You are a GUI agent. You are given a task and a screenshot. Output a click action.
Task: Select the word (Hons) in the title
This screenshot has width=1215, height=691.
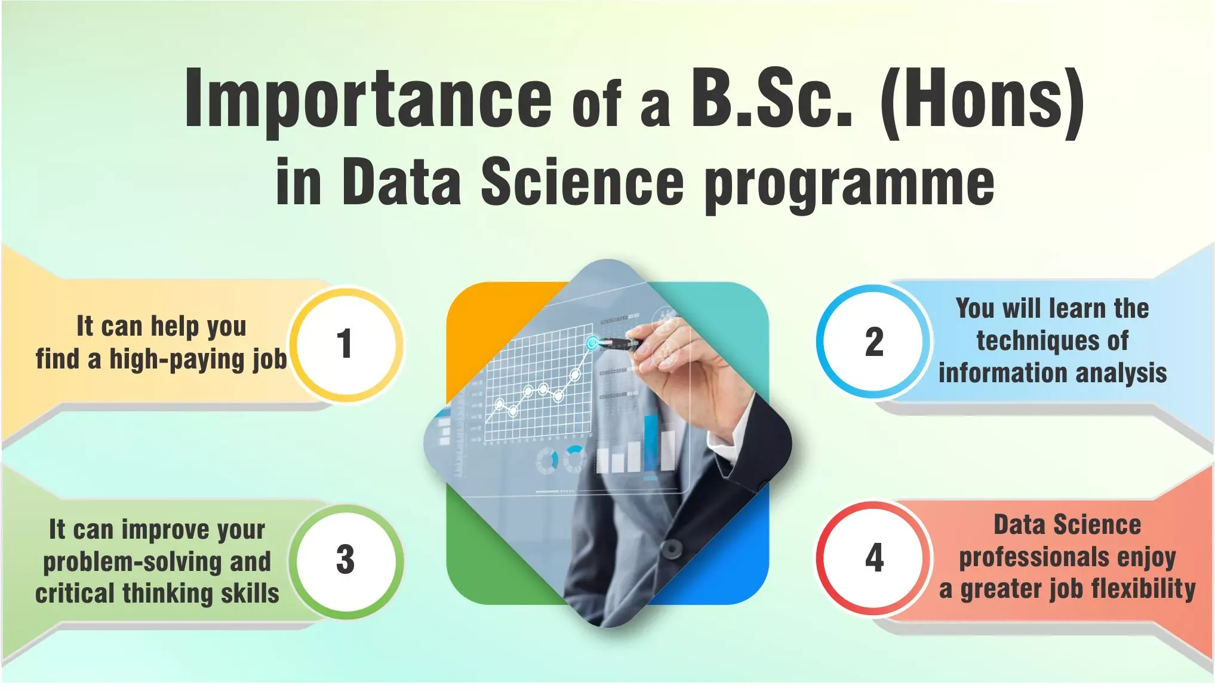pyautogui.click(x=982, y=102)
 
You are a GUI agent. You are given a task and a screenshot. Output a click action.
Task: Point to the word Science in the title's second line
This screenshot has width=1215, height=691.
pyautogui.click(x=582, y=180)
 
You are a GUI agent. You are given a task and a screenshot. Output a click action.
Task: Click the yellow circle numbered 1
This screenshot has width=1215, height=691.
pyautogui.click(x=346, y=345)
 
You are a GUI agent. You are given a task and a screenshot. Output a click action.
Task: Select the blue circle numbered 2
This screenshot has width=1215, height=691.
pyautogui.click(x=873, y=342)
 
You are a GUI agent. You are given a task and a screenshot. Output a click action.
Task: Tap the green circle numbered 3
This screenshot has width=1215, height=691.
pyautogui.click(x=346, y=561)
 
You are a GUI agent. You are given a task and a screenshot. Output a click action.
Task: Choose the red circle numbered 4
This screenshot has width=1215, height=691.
pyautogui.click(x=873, y=558)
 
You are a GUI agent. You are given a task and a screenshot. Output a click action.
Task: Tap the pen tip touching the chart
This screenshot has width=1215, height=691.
pyautogui.click(x=592, y=343)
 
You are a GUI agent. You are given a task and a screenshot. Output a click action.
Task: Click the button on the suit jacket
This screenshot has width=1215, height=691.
pyautogui.click(x=672, y=547)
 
